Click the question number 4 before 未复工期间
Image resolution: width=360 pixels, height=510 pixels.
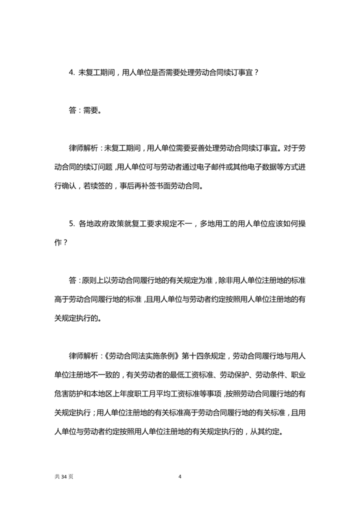coord(70,72)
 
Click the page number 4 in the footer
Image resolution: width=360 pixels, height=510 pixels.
coord(180,476)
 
